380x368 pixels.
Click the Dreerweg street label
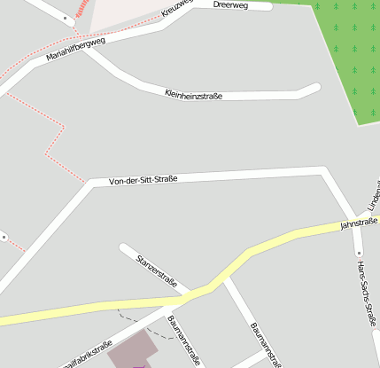[x=230, y=4]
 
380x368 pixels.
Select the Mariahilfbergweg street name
[x=75, y=51]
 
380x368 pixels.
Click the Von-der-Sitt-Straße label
[x=143, y=180]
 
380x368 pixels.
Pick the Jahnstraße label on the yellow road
[x=359, y=223]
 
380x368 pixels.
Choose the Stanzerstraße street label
[x=158, y=270]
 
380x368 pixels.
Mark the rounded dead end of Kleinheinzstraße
[x=314, y=87]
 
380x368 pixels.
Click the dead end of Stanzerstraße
[x=124, y=248]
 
